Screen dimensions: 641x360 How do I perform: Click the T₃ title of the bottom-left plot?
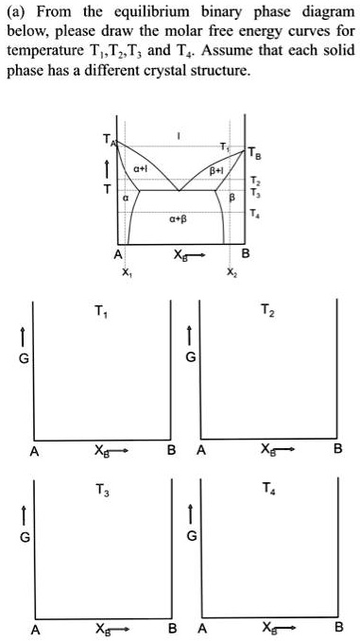tap(100, 491)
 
